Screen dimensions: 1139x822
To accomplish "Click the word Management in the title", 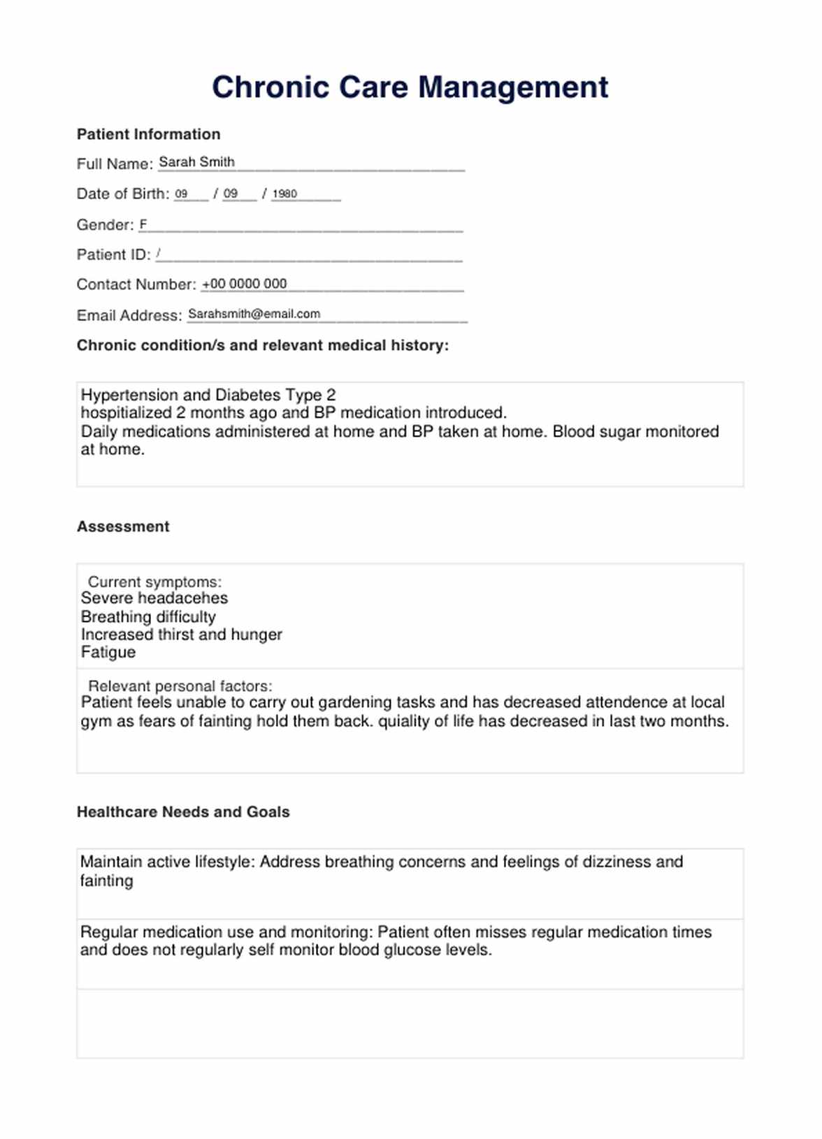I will (513, 87).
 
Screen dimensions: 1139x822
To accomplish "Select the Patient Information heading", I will (148, 134).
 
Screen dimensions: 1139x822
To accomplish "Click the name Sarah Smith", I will (196, 162).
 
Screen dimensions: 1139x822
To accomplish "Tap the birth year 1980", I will (284, 194).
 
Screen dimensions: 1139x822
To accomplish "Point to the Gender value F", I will (143, 224).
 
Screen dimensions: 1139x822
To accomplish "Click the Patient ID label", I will (113, 254).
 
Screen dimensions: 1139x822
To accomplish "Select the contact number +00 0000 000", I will (244, 284).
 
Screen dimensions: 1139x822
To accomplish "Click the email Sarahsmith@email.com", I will (254, 314).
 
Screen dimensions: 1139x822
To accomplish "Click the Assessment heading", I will (123, 526).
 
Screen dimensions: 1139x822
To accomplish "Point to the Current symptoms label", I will (154, 581).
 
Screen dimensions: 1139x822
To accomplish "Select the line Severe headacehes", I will (154, 598).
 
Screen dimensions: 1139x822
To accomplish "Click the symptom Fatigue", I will (108, 652).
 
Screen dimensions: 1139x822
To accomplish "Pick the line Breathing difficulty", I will (148, 616).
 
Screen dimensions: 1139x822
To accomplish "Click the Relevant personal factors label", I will (180, 685).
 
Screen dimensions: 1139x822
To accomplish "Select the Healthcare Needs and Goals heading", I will (183, 812).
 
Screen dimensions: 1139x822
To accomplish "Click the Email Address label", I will (129, 315).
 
